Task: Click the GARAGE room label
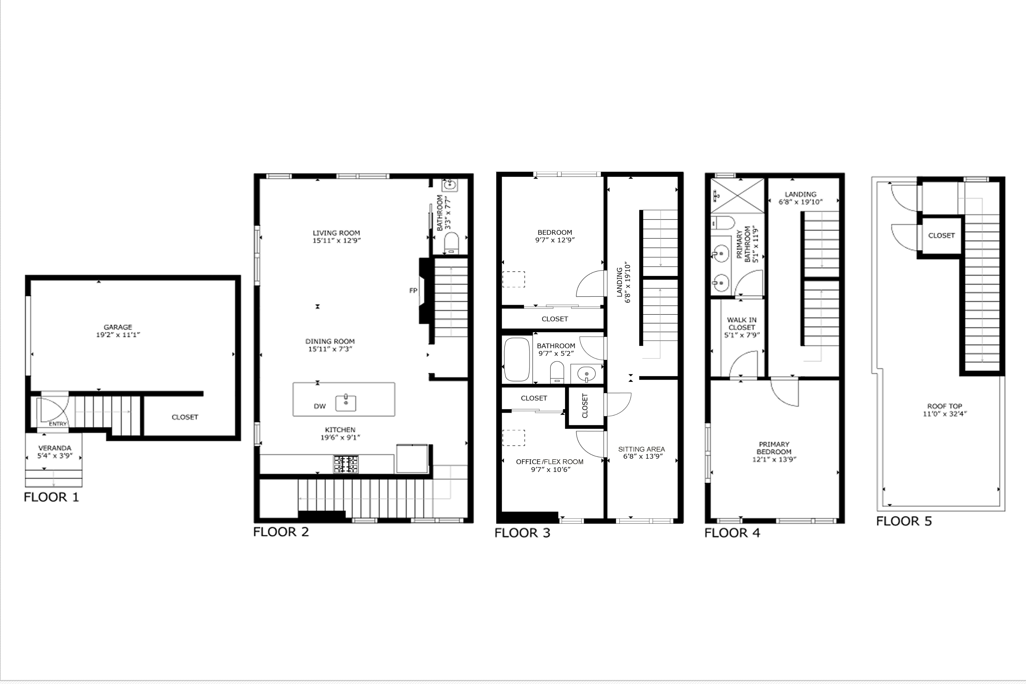pyautogui.click(x=118, y=327)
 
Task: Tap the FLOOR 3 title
pyautogui.click(x=522, y=533)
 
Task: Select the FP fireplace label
pyautogui.click(x=413, y=291)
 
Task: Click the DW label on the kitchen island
pyautogui.click(x=320, y=406)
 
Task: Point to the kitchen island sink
pyautogui.click(x=345, y=403)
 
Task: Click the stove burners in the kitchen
pyautogui.click(x=346, y=464)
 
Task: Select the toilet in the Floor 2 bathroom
pyautogui.click(x=451, y=242)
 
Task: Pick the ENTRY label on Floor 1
pyautogui.click(x=58, y=424)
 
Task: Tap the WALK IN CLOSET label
pyautogui.click(x=742, y=324)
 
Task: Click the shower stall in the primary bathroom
pyautogui.click(x=737, y=195)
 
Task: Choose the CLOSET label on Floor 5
pyautogui.click(x=941, y=236)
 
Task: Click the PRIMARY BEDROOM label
pyautogui.click(x=774, y=448)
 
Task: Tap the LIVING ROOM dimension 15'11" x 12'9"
pyautogui.click(x=336, y=240)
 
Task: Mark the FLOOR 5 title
pyautogui.click(x=904, y=521)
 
